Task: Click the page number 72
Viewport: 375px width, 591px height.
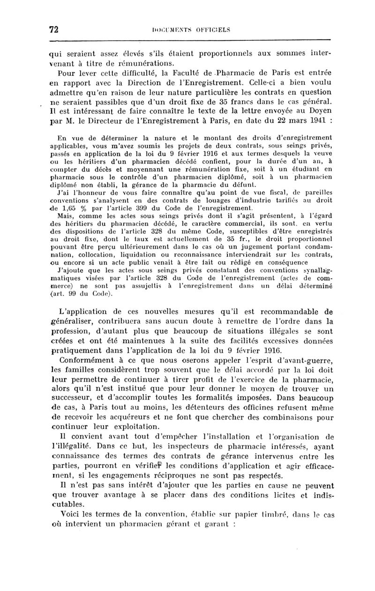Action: pos(53,30)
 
